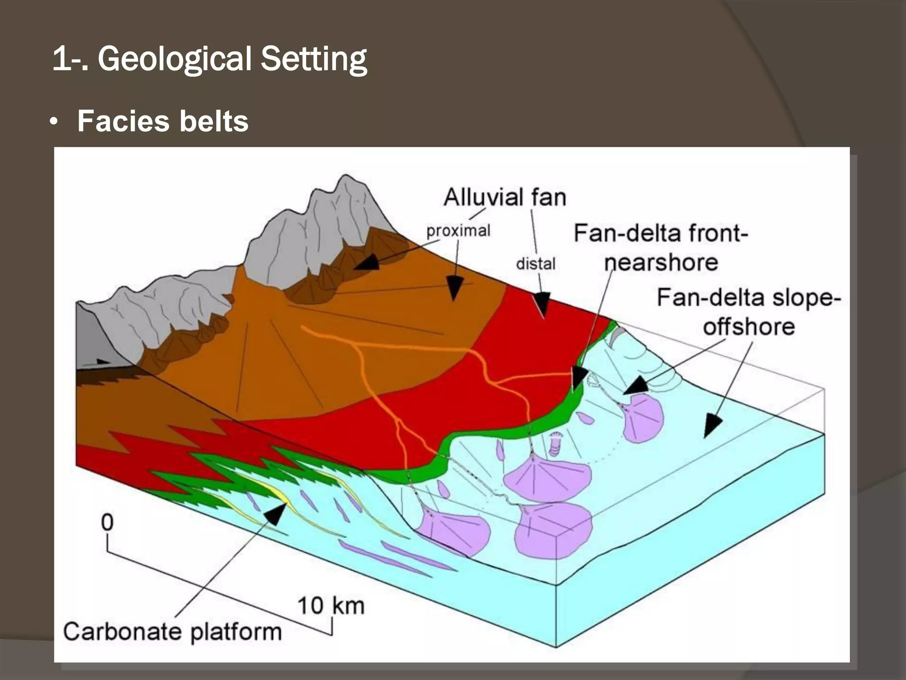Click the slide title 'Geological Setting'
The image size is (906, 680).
(232, 59)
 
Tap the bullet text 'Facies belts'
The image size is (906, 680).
(163, 121)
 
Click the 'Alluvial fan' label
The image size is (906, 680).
(505, 197)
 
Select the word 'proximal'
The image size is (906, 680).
(458, 230)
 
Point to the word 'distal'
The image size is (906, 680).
(536, 264)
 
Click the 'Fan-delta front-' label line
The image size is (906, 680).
(660, 233)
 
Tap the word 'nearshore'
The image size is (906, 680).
(661, 263)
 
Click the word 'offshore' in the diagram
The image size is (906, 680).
(749, 327)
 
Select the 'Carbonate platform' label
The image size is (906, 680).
(172, 631)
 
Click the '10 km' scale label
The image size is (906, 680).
(331, 606)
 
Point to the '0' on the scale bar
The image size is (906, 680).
(107, 522)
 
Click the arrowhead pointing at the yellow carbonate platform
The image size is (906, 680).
(276, 514)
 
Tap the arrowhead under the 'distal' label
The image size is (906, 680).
(541, 304)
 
